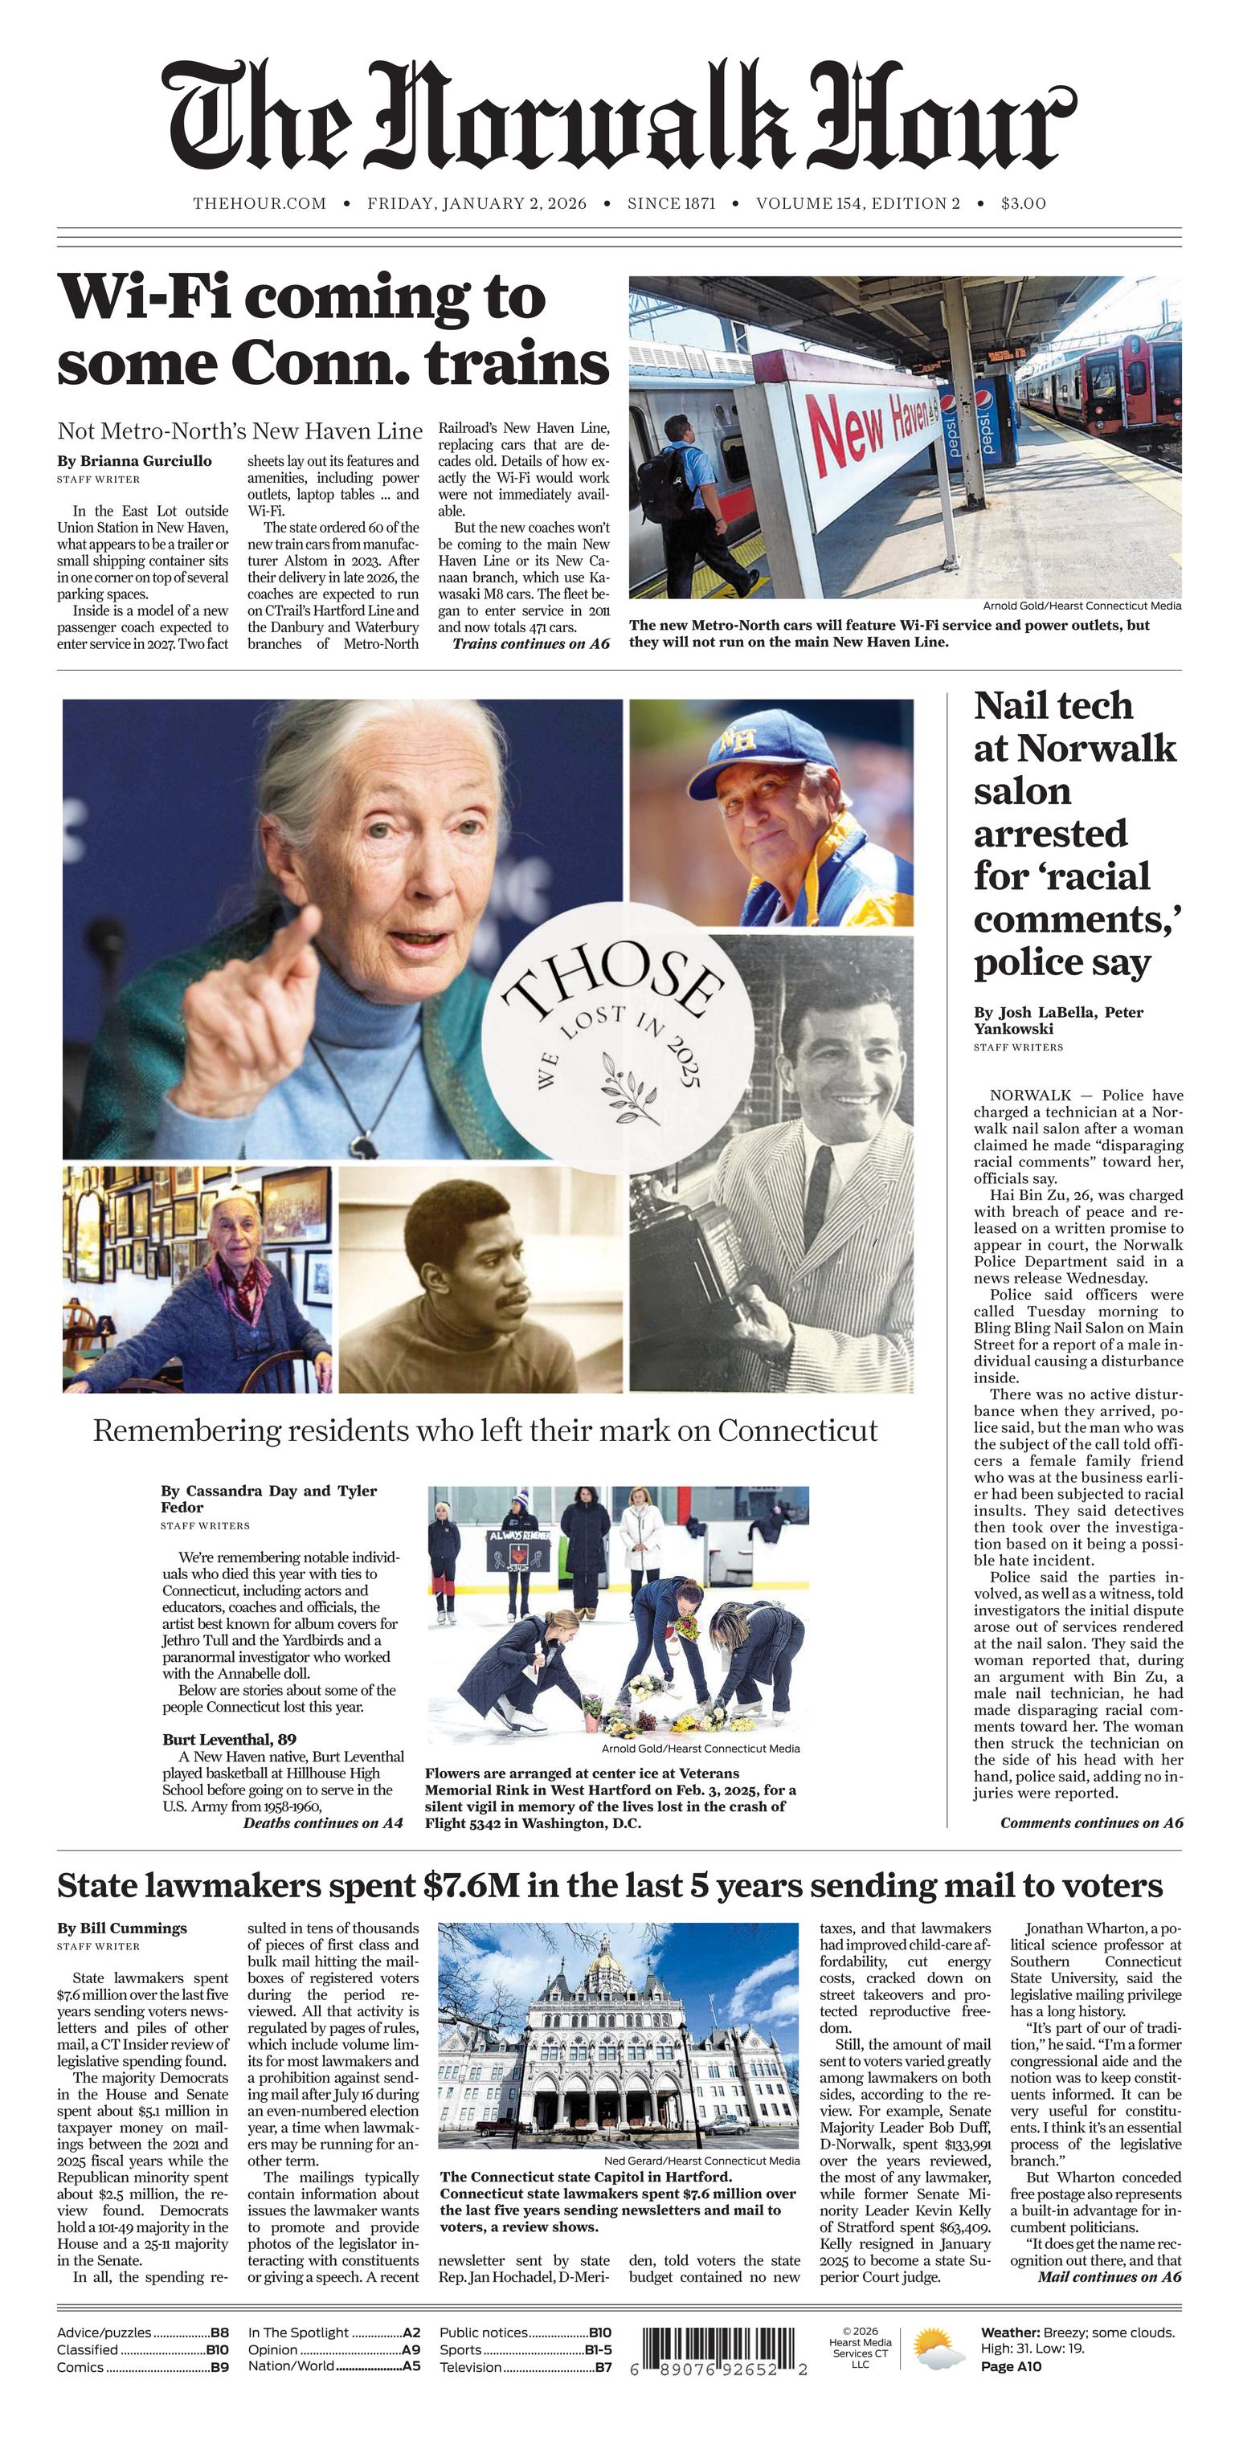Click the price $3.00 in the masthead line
click(x=1023, y=203)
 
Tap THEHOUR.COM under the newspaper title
click(x=260, y=203)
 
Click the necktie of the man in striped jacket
click(x=819, y=1197)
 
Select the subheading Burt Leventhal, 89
click(x=229, y=1740)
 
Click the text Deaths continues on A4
click(x=323, y=1823)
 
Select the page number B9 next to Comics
click(x=219, y=2367)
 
